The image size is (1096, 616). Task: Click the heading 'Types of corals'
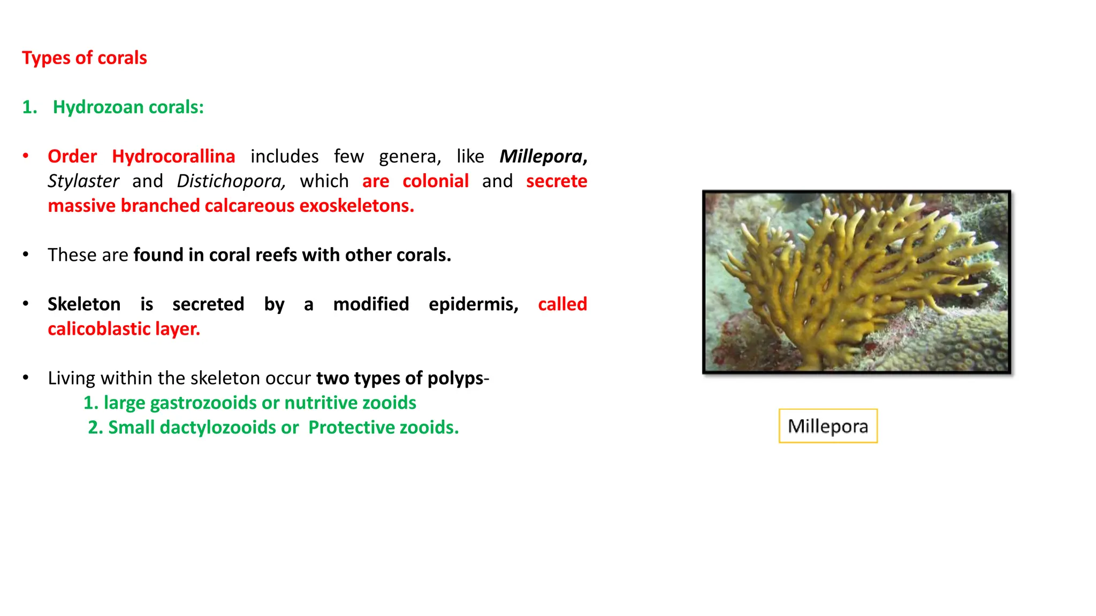point(84,58)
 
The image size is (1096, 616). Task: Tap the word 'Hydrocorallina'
point(173,156)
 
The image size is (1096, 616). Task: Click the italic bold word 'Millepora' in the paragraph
point(541,156)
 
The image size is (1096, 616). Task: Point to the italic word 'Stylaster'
point(83,181)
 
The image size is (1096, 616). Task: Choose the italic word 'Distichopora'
point(230,181)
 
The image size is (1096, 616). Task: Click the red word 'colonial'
point(435,181)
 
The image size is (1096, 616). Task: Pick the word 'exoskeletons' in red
point(356,205)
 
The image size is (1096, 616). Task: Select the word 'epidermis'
point(473,304)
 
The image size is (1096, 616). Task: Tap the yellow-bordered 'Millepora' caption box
point(828,426)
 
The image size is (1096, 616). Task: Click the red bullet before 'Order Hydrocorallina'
point(26,156)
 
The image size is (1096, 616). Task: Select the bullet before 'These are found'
point(26,254)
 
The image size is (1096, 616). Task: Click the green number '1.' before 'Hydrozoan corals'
point(29,107)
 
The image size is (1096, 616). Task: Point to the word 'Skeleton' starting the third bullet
point(84,304)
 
